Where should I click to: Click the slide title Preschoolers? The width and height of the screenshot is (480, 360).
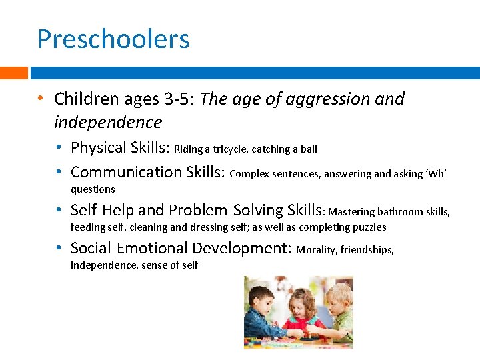click(113, 39)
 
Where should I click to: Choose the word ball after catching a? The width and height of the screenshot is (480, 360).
click(309, 149)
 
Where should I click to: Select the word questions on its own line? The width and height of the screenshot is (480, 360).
click(93, 189)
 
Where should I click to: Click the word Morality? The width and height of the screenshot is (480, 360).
click(317, 250)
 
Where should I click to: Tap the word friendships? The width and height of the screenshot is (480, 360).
click(367, 250)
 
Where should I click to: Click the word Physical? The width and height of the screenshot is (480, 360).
click(99, 147)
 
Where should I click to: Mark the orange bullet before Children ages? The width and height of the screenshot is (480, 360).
click(41, 99)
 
